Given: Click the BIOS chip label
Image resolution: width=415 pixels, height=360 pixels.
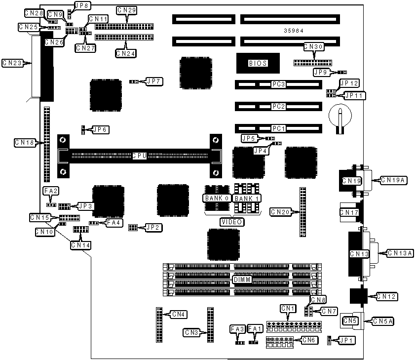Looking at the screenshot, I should tap(258, 63).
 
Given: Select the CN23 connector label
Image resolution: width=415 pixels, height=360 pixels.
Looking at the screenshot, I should tap(12, 63).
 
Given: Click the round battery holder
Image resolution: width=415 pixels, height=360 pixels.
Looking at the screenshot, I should tap(340, 115).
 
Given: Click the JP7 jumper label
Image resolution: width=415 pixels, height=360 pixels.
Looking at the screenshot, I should tap(154, 80).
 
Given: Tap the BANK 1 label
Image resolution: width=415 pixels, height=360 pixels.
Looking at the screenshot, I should tap(247, 198).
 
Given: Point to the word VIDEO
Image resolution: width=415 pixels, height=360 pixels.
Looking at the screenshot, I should tap(231, 222).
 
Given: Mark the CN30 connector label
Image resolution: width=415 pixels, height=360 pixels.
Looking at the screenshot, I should tap(313, 47).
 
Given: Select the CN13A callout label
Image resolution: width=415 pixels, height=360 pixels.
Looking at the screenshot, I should tap(400, 253).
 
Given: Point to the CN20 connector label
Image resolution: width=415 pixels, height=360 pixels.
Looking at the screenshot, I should tap(281, 212).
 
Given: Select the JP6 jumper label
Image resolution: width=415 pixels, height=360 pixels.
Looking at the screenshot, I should tap(101, 130).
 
